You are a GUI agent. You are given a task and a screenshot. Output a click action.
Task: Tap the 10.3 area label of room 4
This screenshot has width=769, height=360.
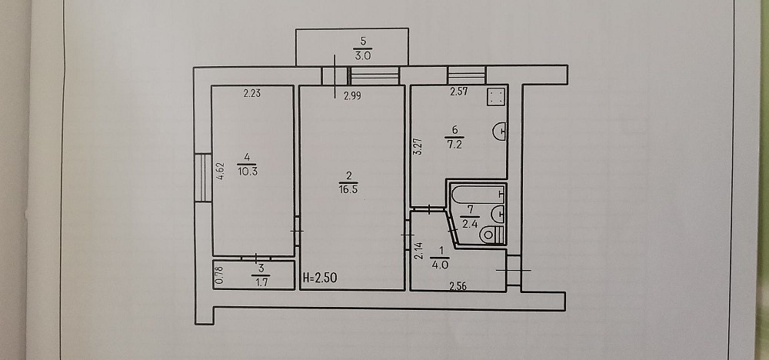pyautogui.click(x=247, y=172)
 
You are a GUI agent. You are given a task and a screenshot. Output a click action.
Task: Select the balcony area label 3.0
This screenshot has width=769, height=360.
pyautogui.click(x=362, y=55)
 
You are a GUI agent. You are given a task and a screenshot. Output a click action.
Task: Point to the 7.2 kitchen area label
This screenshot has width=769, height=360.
pyautogui.click(x=454, y=145)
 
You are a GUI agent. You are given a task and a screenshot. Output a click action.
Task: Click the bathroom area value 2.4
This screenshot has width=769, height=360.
pyautogui.click(x=470, y=225)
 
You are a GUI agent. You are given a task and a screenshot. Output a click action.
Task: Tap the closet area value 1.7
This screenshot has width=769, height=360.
pyautogui.click(x=261, y=282)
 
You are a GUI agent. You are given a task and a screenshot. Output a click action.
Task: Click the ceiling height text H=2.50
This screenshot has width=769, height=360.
pyautogui.click(x=320, y=278)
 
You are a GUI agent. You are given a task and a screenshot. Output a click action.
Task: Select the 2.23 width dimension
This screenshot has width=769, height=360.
pyautogui.click(x=252, y=94)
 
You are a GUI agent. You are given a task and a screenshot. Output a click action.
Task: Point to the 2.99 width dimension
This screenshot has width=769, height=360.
pyautogui.click(x=352, y=97)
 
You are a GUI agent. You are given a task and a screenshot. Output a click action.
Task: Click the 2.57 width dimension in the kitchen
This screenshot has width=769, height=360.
pyautogui.click(x=460, y=92)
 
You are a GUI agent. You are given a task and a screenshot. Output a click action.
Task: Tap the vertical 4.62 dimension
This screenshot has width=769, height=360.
pyautogui.click(x=221, y=172)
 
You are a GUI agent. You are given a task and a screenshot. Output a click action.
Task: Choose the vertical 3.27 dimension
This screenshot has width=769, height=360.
pyautogui.click(x=418, y=147)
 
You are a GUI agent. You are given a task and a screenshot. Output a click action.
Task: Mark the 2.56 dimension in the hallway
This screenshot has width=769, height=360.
pyautogui.click(x=458, y=288)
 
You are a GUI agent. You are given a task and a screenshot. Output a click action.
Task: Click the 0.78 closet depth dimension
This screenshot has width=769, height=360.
pyautogui.click(x=220, y=275)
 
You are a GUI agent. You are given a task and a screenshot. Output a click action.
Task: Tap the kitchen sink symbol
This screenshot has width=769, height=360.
pyautogui.click(x=500, y=132)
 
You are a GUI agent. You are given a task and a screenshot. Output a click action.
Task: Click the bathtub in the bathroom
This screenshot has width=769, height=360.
pyautogui.click(x=478, y=195)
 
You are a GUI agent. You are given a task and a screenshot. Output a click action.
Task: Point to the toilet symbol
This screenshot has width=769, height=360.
pyautogui.click(x=491, y=235)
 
